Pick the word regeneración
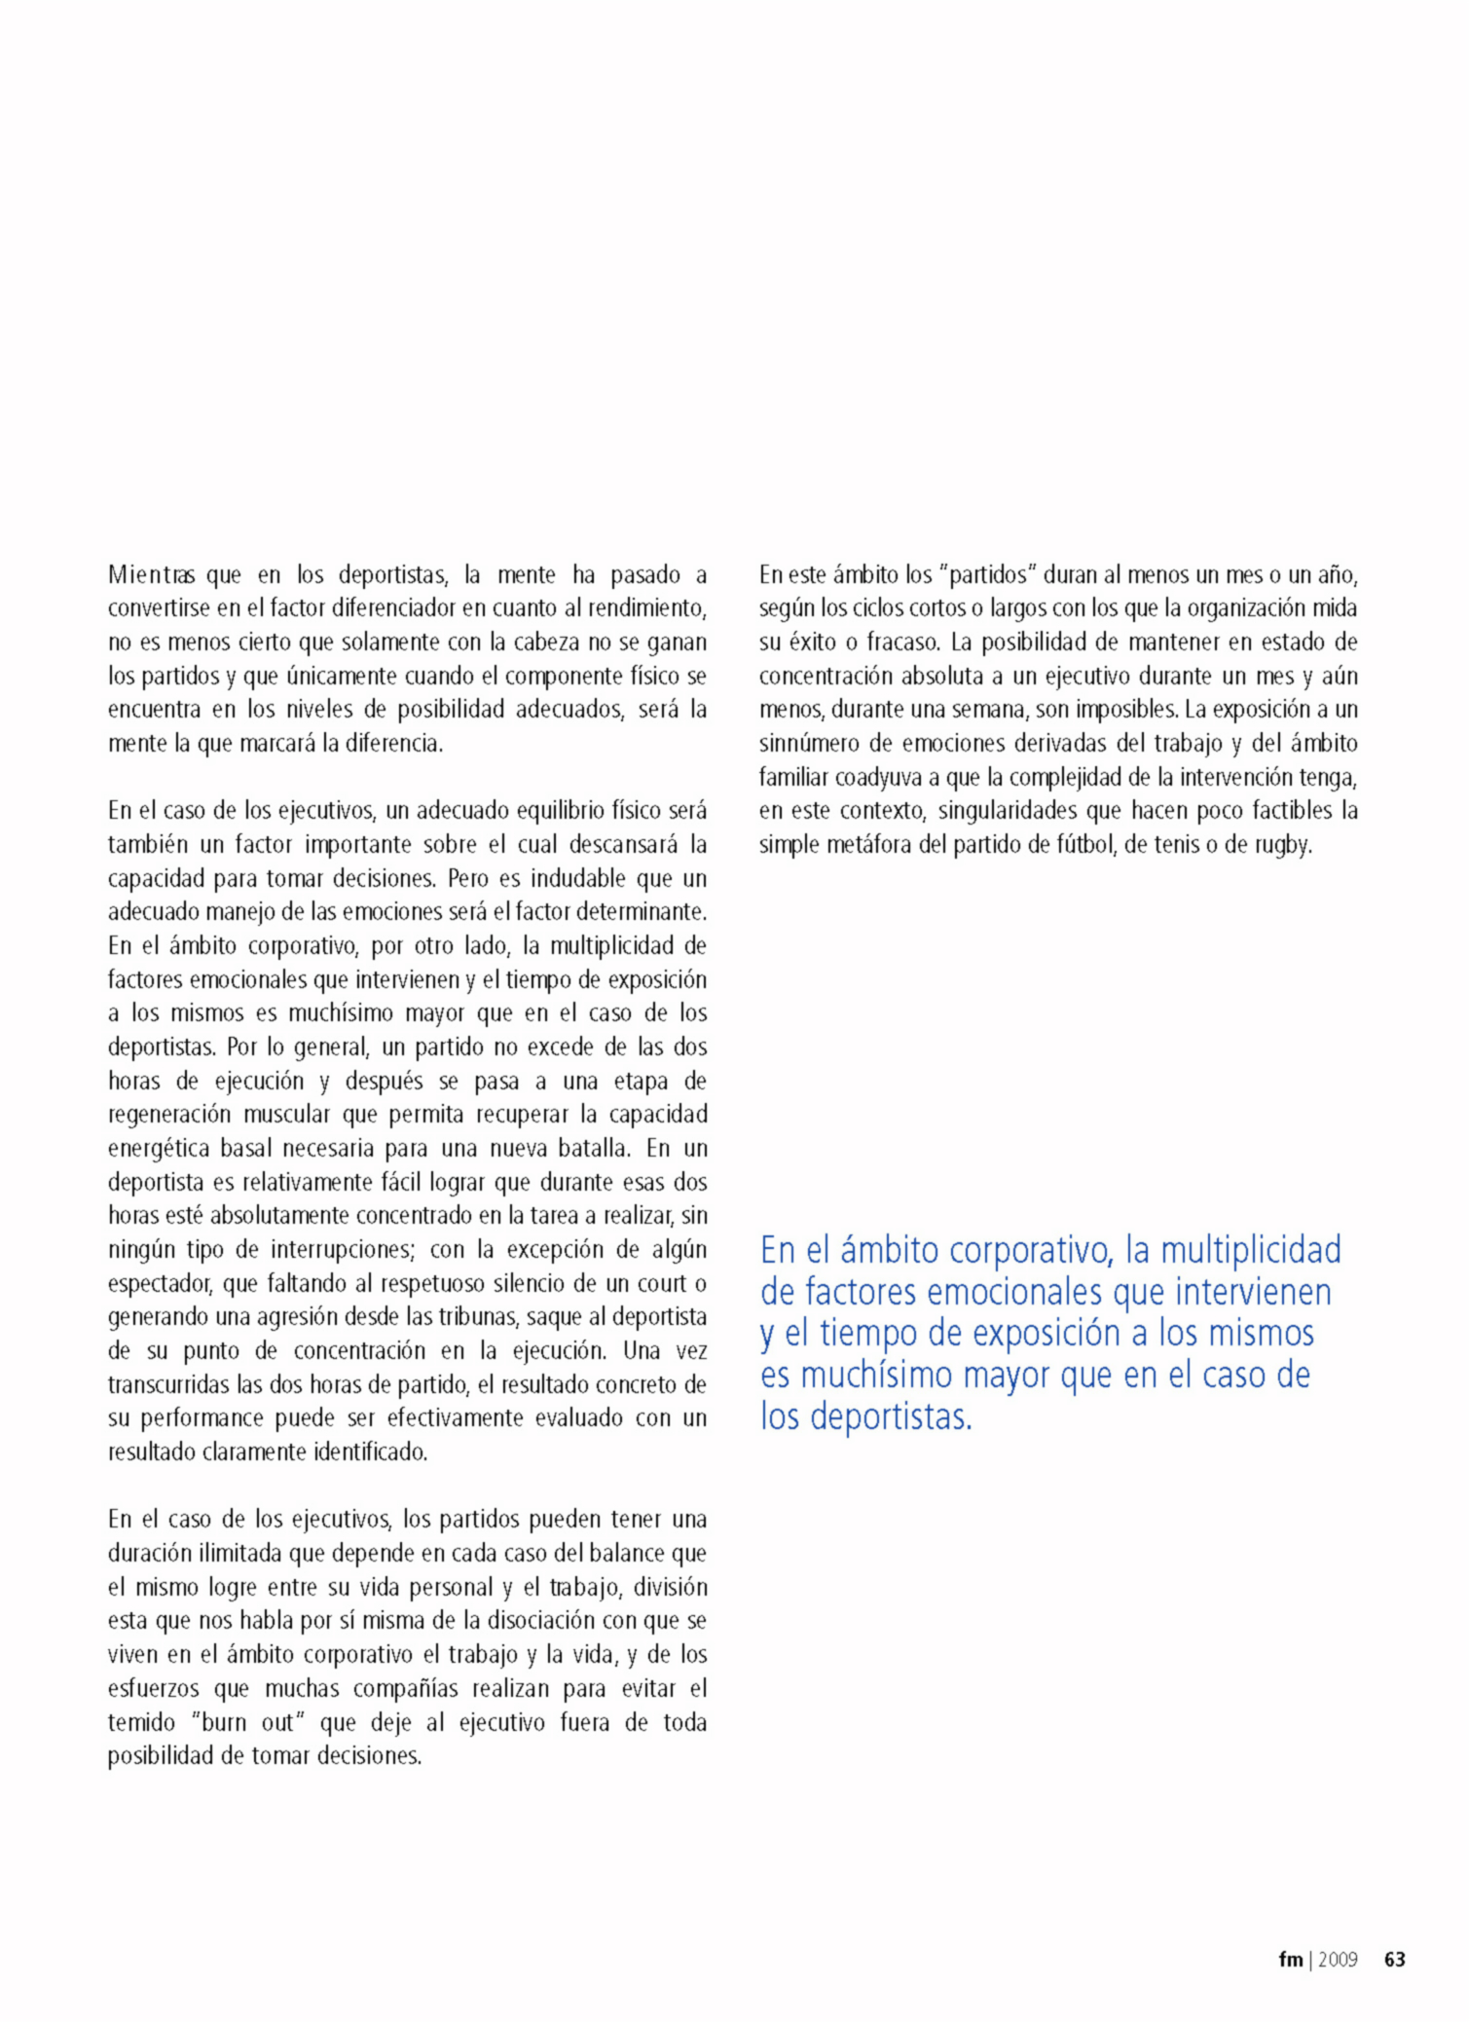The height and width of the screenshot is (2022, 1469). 169,1115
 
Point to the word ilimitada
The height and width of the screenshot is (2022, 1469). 218,1553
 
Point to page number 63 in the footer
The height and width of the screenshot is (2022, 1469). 1394,1960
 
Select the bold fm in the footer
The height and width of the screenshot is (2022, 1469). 1290,1960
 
